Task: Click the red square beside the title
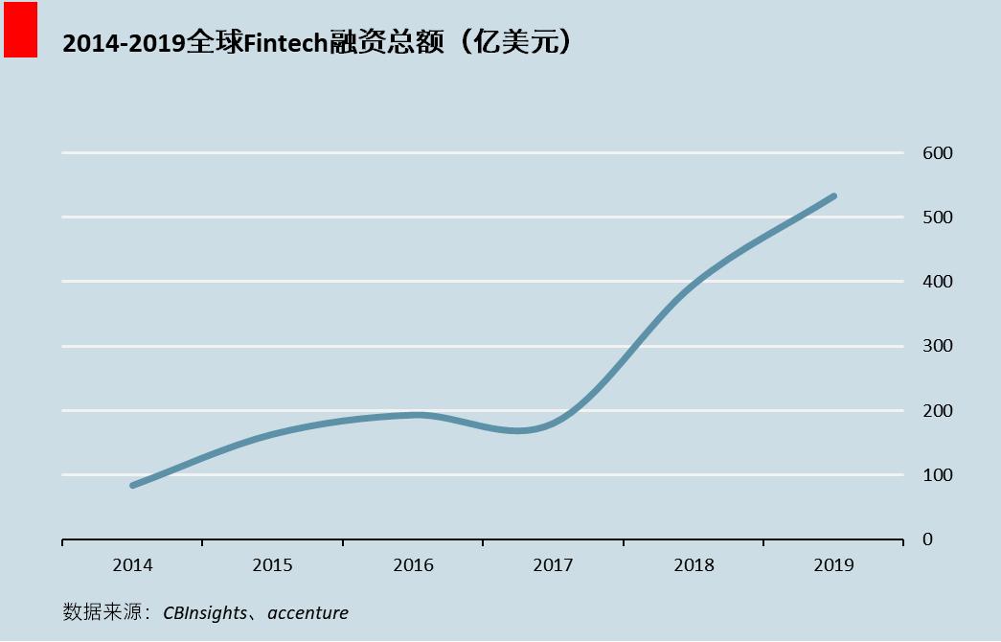(x=20, y=30)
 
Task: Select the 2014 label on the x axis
(x=132, y=565)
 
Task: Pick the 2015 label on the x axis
(x=272, y=565)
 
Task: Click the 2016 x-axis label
(x=413, y=565)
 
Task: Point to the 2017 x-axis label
(x=553, y=565)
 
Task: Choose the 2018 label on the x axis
(x=694, y=565)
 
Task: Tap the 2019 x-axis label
(x=833, y=565)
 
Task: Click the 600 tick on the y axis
(x=938, y=153)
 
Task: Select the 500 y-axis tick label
(x=938, y=218)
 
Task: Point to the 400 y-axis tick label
(x=938, y=282)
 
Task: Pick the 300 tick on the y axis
(x=938, y=346)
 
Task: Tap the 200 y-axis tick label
(x=938, y=411)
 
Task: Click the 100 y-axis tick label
(x=938, y=475)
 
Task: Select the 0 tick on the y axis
(x=926, y=539)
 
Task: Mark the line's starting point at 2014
(x=132, y=486)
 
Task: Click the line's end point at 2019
(x=833, y=196)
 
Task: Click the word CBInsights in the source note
(x=204, y=612)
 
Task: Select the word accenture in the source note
(x=307, y=612)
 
